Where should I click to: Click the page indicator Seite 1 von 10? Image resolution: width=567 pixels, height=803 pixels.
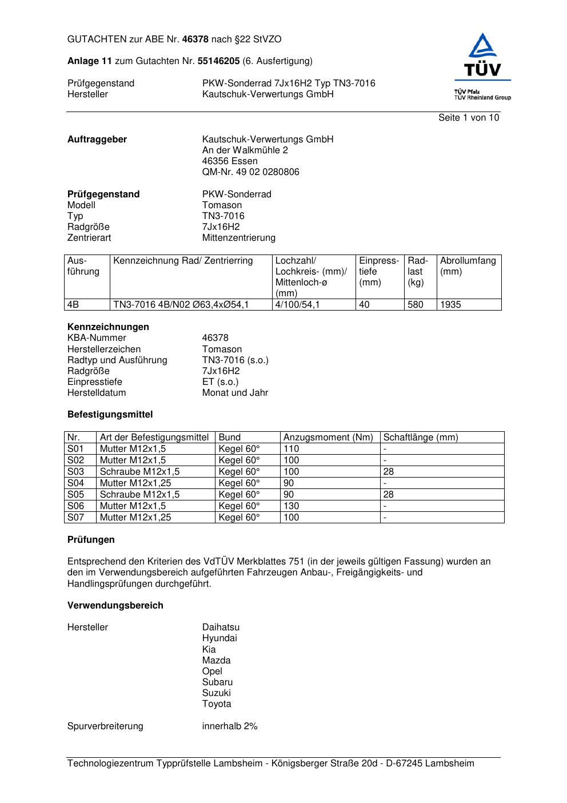click(468, 118)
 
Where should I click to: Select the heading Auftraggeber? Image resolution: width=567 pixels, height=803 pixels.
click(97, 140)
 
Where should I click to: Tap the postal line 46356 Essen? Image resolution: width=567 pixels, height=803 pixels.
click(230, 161)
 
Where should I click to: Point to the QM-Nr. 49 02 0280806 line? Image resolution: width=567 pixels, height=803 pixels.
click(250, 172)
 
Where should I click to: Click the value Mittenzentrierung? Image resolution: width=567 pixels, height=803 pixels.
click(238, 238)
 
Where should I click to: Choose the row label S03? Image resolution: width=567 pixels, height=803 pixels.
click(75, 472)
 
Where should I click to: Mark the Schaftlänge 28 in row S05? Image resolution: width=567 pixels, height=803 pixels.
click(389, 495)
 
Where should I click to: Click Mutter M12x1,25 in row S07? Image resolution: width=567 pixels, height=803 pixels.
click(135, 518)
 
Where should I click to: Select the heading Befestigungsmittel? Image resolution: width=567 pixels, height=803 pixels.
click(110, 415)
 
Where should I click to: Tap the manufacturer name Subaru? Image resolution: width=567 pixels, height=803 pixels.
click(217, 682)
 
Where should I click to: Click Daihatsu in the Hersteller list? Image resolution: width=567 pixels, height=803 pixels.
click(221, 627)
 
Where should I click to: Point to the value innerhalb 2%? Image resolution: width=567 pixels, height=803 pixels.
click(230, 726)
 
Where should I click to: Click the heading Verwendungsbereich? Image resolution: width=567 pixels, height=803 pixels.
click(115, 606)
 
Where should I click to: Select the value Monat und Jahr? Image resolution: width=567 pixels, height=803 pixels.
click(235, 393)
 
